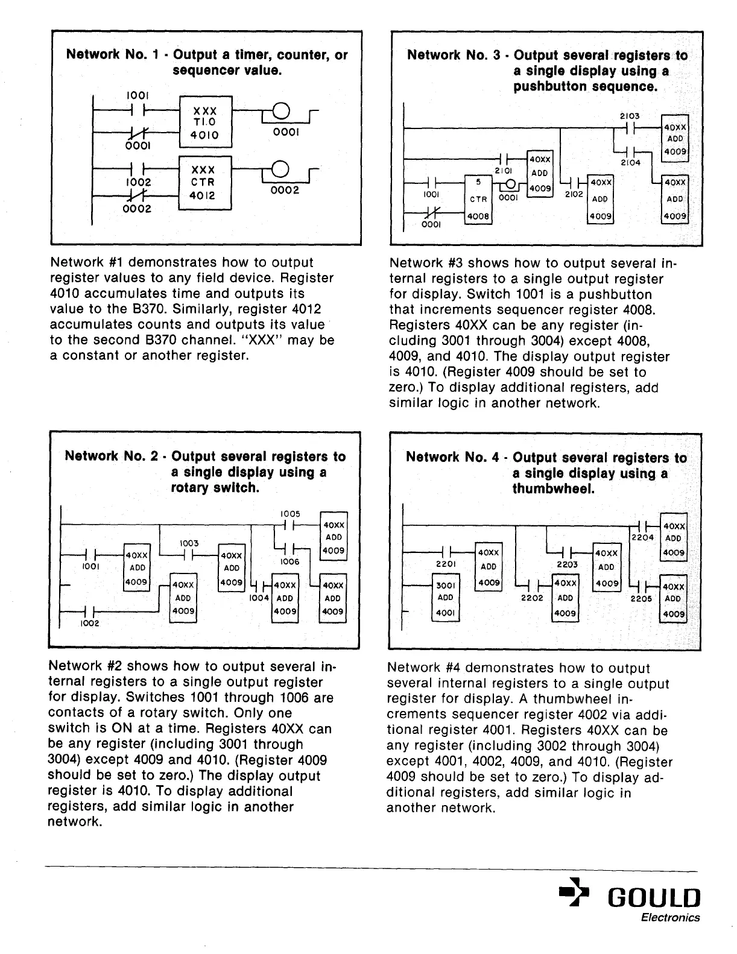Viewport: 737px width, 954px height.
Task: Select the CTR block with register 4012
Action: tap(205, 183)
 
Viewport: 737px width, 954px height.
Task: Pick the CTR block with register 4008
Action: tap(479, 199)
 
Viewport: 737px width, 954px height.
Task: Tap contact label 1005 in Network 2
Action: tap(290, 514)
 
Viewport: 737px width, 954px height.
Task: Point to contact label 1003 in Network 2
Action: tap(189, 543)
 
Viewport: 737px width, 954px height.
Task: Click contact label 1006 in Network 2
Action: tap(290, 561)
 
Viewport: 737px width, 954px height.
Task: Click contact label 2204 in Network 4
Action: tap(642, 537)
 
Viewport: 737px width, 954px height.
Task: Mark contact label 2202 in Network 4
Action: tap(531, 598)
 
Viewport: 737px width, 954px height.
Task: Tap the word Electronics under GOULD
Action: tap(670, 918)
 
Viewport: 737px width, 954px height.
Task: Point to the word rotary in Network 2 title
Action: tap(189, 487)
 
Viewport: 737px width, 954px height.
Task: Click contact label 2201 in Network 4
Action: tap(444, 564)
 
